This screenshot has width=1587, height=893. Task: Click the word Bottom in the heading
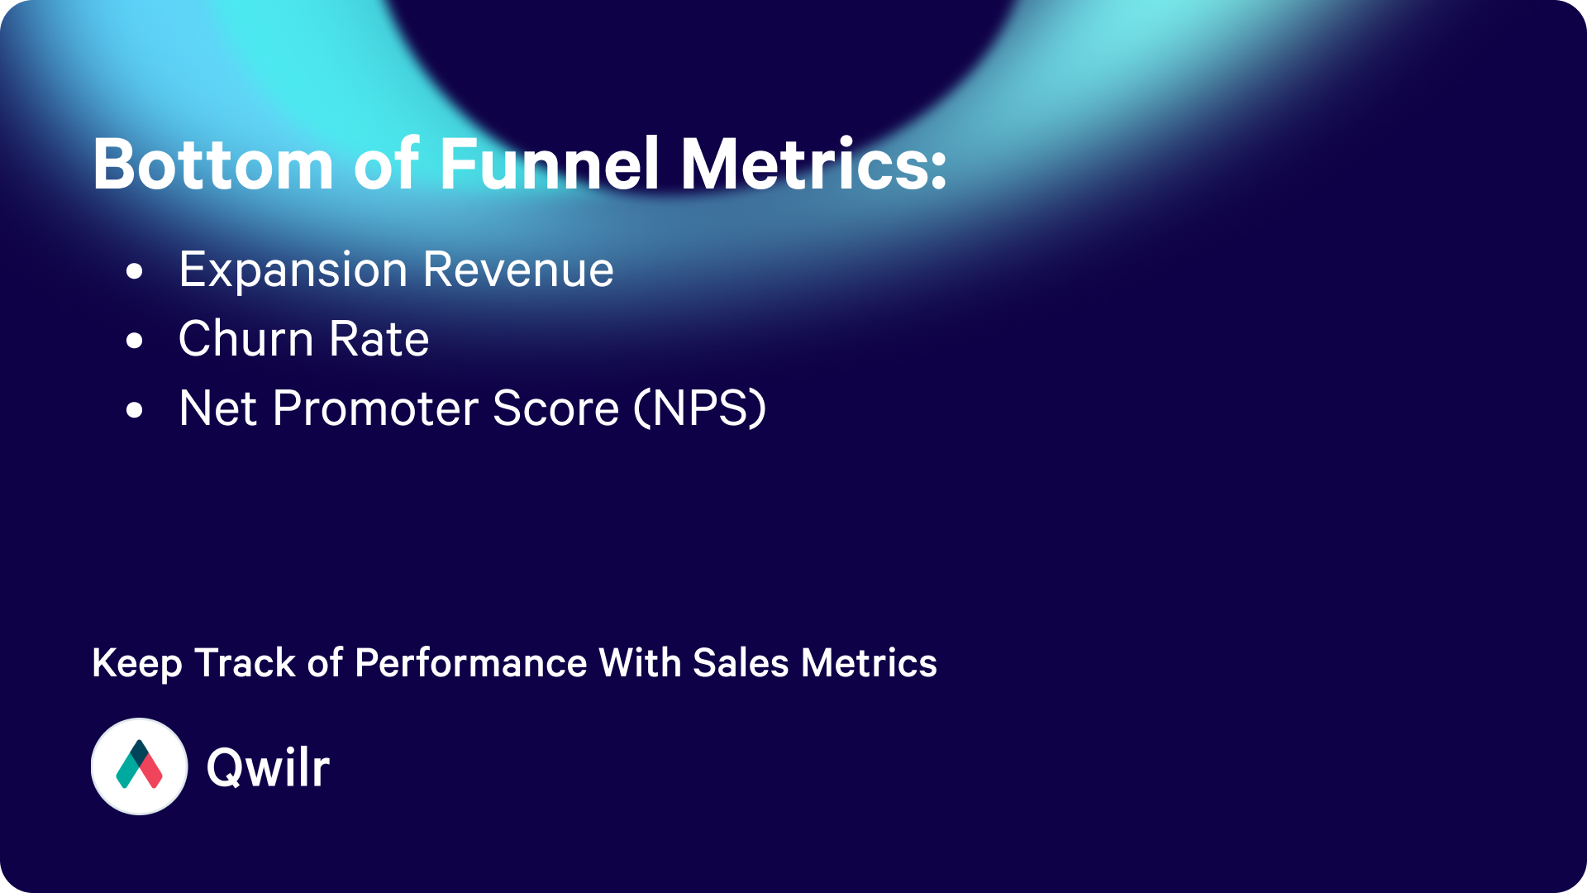213,165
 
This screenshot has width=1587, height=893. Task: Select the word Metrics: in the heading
813,165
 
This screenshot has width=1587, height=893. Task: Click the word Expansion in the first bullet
293,271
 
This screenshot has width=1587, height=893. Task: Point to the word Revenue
518,270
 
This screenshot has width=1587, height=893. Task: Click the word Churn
246,339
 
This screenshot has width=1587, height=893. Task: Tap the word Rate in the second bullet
379,339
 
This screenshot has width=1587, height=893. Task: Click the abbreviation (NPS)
700,408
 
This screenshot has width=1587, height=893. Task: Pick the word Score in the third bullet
555,408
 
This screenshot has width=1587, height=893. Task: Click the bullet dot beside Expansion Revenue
135,271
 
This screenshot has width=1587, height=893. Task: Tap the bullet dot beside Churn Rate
135,341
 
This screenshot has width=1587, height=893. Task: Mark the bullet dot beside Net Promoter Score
135,410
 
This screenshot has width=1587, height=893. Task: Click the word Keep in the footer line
137,664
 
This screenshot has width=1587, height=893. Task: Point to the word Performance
471,664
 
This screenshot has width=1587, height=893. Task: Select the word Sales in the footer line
741,663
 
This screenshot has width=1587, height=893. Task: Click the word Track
245,663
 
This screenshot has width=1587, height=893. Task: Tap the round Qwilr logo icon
139,766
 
